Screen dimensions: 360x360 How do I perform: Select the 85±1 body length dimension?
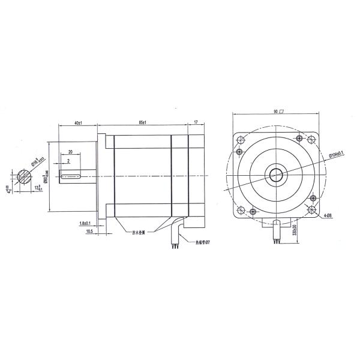click(x=143, y=122)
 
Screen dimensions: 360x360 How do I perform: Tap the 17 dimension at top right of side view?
click(x=196, y=122)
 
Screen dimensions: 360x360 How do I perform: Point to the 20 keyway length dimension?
click(x=70, y=152)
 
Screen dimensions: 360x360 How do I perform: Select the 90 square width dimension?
click(x=278, y=112)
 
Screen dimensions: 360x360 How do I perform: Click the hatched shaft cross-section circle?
click(x=26, y=176)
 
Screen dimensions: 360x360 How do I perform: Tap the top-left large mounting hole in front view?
click(x=242, y=139)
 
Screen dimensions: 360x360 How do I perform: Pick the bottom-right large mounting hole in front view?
click(x=312, y=210)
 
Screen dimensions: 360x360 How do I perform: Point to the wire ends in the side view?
click(x=175, y=244)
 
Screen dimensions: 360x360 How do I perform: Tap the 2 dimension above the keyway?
click(x=68, y=161)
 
